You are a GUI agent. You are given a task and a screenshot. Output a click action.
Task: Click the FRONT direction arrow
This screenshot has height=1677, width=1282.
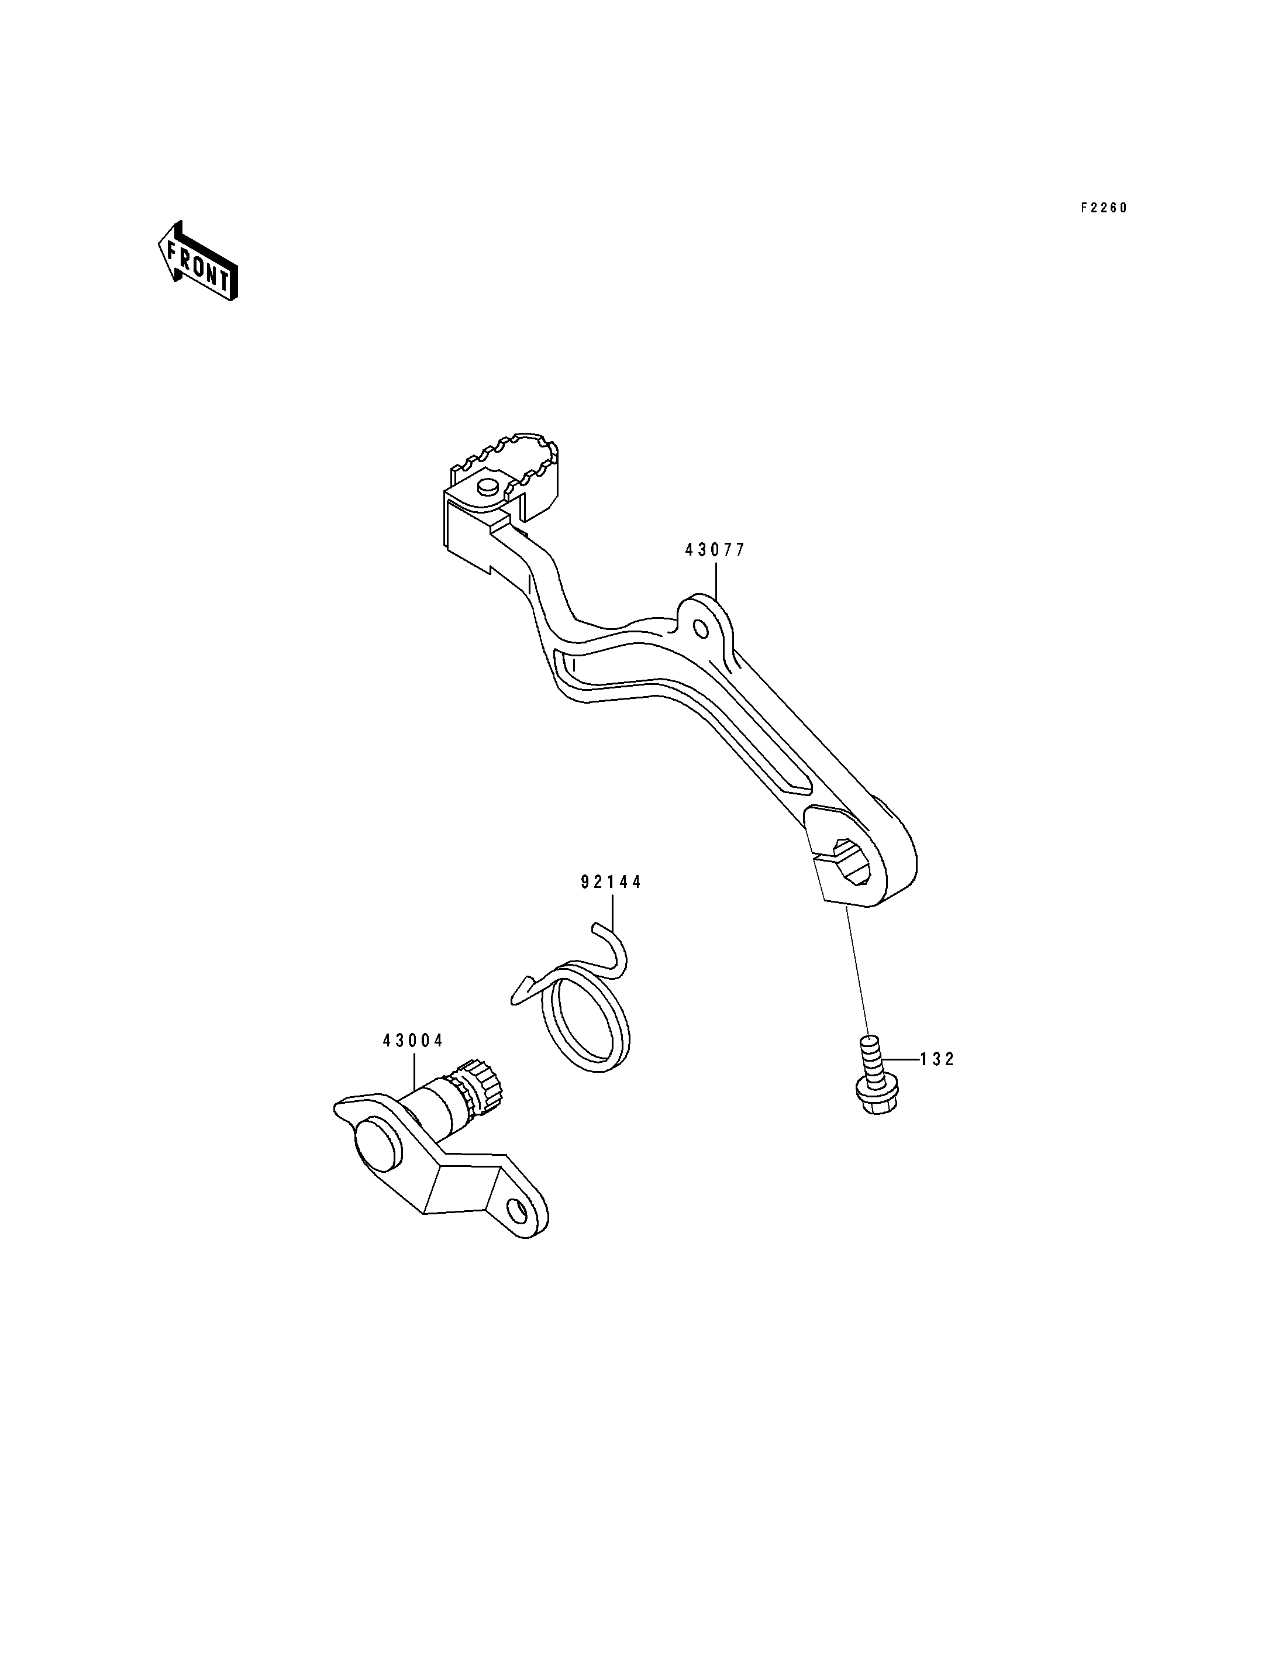pyautogui.click(x=198, y=261)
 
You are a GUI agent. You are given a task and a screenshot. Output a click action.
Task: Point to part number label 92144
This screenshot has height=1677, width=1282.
pyautogui.click(x=611, y=883)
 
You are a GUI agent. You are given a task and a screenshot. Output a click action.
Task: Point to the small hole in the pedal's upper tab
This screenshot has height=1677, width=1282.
pyautogui.click(x=699, y=628)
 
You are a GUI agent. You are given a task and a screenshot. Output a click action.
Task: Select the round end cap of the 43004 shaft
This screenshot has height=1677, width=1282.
pyautogui.click(x=376, y=1144)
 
